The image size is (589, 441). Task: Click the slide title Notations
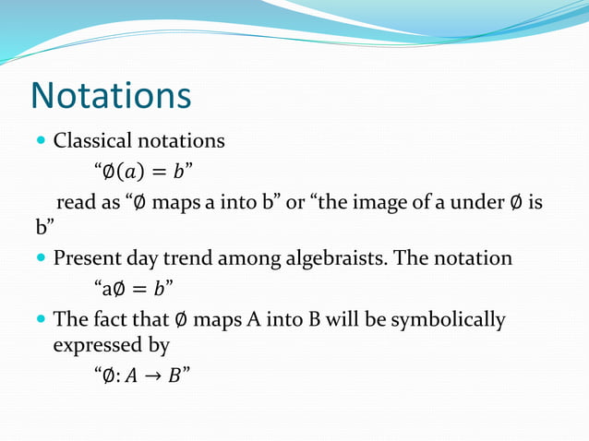click(x=111, y=95)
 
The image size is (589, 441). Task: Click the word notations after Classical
click(x=180, y=141)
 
